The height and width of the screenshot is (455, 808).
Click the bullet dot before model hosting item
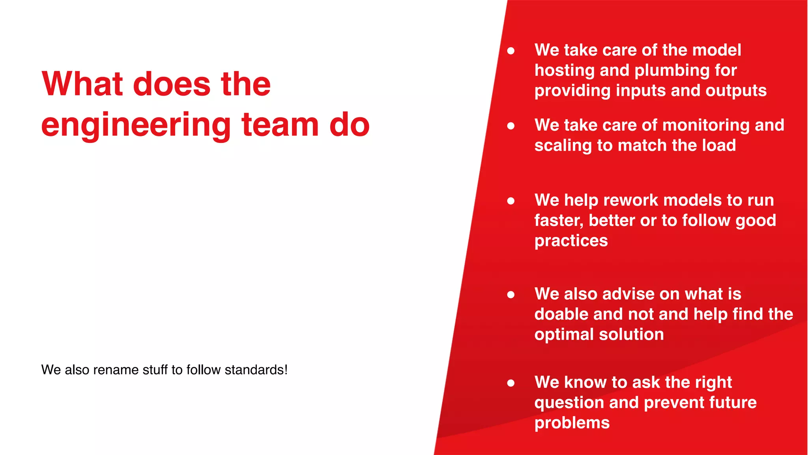[x=511, y=51]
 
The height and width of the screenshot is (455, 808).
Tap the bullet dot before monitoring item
[x=511, y=126]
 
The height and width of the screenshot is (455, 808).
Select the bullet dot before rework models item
[x=511, y=201]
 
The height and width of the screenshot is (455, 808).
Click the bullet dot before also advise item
[x=511, y=294]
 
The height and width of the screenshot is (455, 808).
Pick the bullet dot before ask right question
[x=511, y=383]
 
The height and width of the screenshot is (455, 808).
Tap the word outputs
[x=736, y=90]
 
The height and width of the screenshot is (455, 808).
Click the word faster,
[x=559, y=220]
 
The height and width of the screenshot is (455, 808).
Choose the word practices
[x=571, y=241]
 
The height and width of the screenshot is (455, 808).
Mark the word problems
[x=572, y=423]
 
